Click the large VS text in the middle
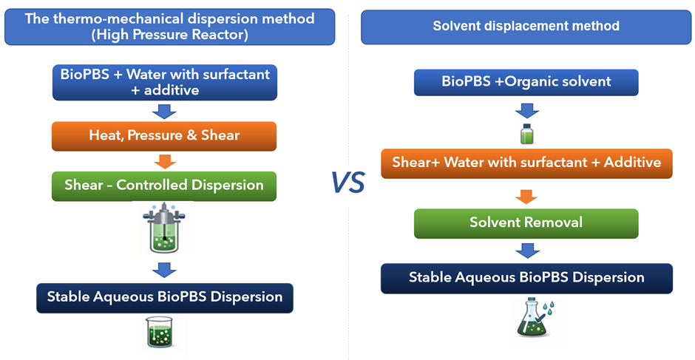(348, 183)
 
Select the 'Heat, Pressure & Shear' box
(164, 136)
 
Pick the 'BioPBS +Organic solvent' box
(526, 83)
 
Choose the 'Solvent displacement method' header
(526, 26)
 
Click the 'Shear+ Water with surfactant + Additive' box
(526, 163)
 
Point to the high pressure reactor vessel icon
(165, 227)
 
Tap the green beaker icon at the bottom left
(159, 332)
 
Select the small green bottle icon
(527, 134)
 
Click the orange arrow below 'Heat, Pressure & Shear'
(164, 161)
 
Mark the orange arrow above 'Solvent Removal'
(526, 197)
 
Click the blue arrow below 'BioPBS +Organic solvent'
(527, 111)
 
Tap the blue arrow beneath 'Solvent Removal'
(527, 251)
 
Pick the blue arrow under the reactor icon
(164, 270)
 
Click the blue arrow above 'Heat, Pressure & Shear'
(164, 112)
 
